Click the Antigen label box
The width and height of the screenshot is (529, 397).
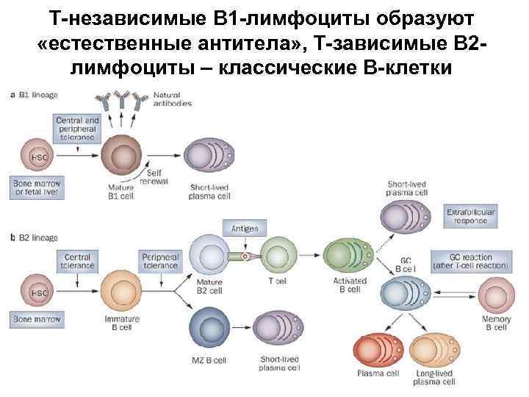[244, 229]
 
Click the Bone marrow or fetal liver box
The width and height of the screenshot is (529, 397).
[36, 187]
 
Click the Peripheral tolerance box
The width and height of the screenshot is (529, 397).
[160, 262]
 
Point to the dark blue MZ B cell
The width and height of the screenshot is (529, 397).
[209, 328]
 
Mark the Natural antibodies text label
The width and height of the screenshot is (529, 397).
[172, 99]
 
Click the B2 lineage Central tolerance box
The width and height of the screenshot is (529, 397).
[77, 262]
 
